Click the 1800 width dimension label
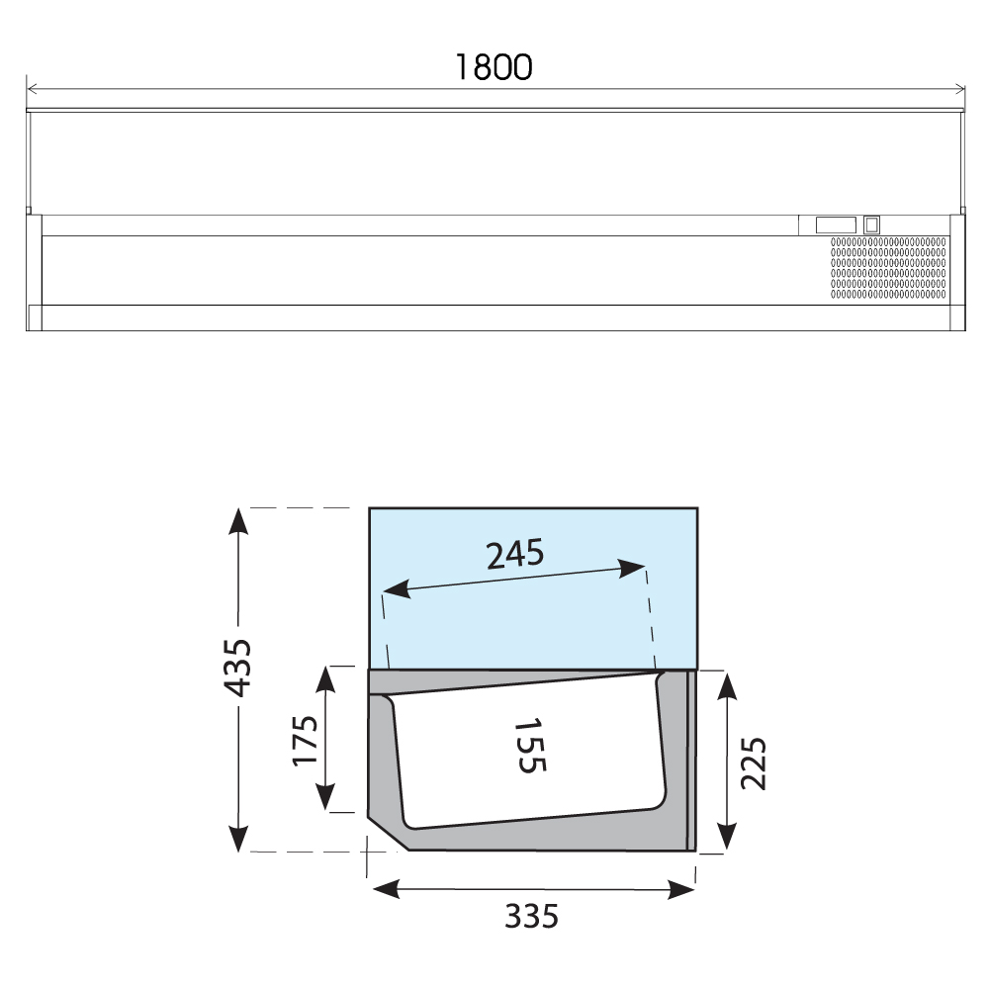tap(494, 67)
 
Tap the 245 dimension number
tap(514, 554)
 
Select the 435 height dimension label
tap(238, 668)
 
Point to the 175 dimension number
tap(306, 741)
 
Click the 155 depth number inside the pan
tap(530, 745)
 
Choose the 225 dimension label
tap(753, 764)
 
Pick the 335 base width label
tap(532, 917)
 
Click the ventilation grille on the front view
tap(888, 268)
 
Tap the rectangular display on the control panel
tap(836, 225)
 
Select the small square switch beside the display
tap(871, 225)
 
